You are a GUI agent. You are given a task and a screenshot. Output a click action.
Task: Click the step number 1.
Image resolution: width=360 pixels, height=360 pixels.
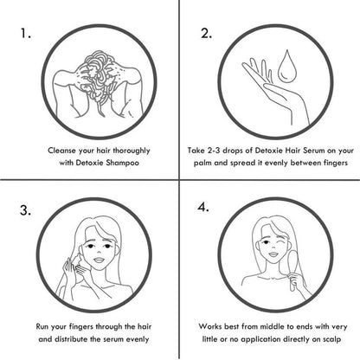[25, 34]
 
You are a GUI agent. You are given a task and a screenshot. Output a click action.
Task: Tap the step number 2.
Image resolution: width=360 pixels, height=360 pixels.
[207, 34]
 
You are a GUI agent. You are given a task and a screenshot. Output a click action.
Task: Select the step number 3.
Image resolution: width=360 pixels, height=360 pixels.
[25, 210]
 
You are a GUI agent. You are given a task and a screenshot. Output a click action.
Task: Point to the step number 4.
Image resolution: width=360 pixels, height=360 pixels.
[203, 207]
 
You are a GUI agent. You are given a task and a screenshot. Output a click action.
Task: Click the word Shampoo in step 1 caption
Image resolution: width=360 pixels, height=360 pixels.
[122, 163]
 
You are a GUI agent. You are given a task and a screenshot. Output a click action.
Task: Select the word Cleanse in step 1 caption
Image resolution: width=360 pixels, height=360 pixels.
[62, 151]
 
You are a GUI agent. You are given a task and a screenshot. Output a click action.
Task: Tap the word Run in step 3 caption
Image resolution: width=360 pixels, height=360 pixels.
[42, 327]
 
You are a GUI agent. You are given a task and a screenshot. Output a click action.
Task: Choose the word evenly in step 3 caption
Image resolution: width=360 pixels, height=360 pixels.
[137, 339]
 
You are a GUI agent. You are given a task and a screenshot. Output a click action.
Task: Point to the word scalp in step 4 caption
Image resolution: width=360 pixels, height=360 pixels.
[331, 339]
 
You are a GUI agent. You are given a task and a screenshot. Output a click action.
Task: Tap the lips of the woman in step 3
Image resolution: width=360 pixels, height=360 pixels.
[100, 260]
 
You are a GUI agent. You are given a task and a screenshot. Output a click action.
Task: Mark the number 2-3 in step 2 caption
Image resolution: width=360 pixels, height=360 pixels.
[214, 151]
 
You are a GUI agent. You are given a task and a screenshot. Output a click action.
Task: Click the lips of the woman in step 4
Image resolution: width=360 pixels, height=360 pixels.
[273, 254]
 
